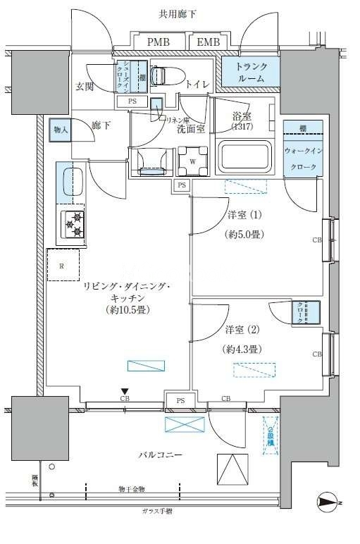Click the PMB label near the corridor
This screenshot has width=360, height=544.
[159, 43]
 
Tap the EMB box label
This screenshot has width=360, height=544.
[207, 43]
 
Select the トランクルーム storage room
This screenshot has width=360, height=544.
[250, 73]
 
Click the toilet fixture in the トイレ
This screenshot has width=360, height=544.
[165, 75]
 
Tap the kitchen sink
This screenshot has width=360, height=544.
[72, 182]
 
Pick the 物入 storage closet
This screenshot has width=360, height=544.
[61, 130]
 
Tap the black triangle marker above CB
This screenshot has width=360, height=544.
[125, 391]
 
